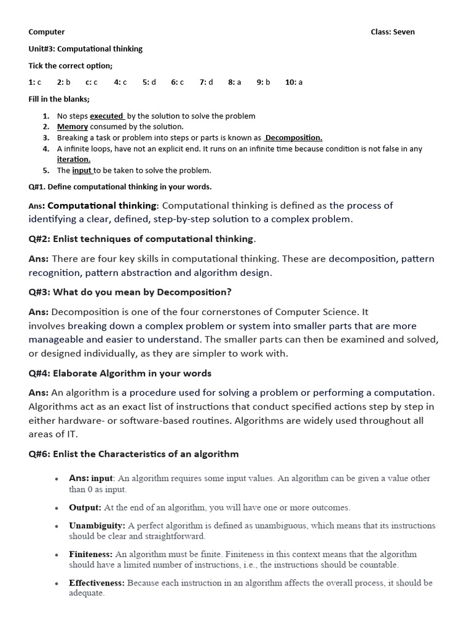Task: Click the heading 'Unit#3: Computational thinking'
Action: pyautogui.click(x=85, y=49)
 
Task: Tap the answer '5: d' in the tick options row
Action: pyautogui.click(x=149, y=82)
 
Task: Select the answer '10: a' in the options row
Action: pyautogui.click(x=293, y=82)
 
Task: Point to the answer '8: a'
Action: pyautogui.click(x=234, y=82)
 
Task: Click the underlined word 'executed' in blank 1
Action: pyautogui.click(x=107, y=115)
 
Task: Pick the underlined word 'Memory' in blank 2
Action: pyautogui.click(x=73, y=127)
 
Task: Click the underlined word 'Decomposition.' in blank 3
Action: pyautogui.click(x=294, y=138)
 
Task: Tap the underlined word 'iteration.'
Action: pyautogui.click(x=74, y=159)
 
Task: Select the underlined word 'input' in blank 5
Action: pyautogui.click(x=82, y=170)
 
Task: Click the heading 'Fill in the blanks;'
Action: pyautogui.click(x=59, y=99)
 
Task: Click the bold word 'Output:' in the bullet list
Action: pyautogui.click(x=85, y=507)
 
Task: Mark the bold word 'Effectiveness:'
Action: pyautogui.click(x=96, y=582)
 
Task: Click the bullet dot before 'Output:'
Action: pyautogui.click(x=57, y=509)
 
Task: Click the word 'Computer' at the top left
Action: pyautogui.click(x=47, y=32)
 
